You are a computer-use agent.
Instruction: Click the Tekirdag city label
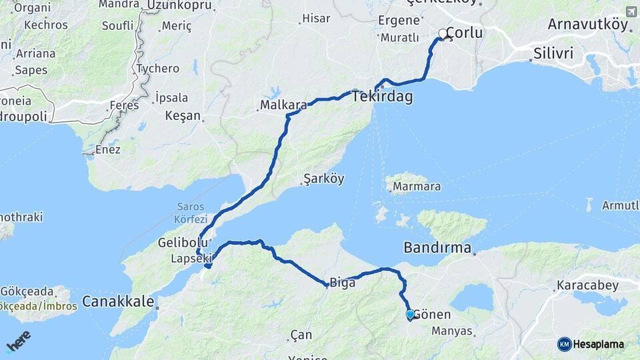[x=382, y=97]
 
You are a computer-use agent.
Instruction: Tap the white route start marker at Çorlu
[x=443, y=33]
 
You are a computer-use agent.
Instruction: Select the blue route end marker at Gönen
[x=410, y=314]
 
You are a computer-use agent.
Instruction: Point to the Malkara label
[x=283, y=105]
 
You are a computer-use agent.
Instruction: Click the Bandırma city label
[x=437, y=248]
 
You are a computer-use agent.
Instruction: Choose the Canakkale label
[x=118, y=301]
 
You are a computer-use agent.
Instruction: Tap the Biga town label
[x=342, y=283]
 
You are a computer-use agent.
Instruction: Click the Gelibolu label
[x=180, y=243]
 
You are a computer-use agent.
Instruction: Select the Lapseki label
[x=191, y=258]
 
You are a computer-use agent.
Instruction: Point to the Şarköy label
[x=323, y=179]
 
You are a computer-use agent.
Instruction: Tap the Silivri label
[x=553, y=53]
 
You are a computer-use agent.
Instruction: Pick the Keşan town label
[x=183, y=115]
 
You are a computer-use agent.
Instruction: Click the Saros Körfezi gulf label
[x=192, y=213]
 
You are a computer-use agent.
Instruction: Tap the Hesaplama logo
[x=591, y=344]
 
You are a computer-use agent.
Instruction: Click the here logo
[x=18, y=341]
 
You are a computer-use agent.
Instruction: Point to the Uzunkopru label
[x=181, y=5]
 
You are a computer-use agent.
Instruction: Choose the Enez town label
[x=107, y=149]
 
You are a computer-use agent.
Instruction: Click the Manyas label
[x=451, y=331]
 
